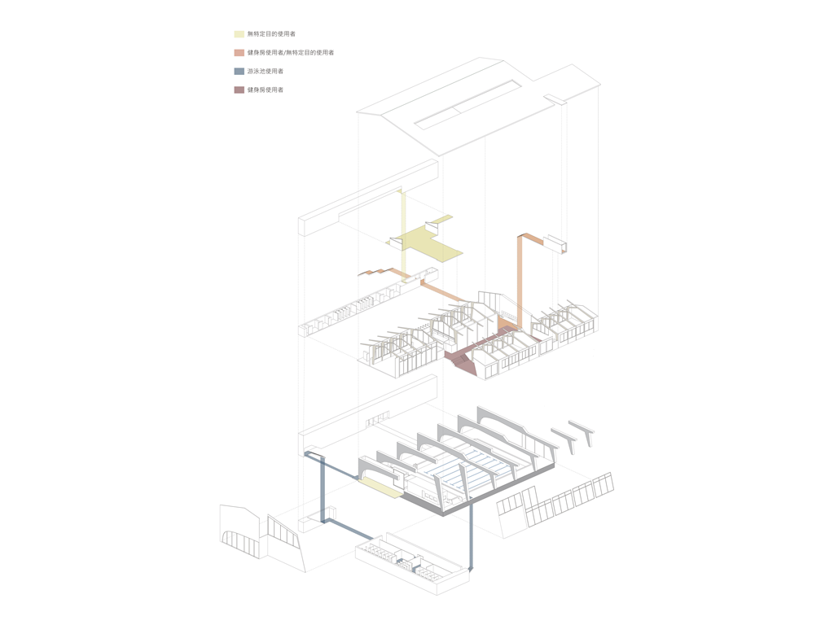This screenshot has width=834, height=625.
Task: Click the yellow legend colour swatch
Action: point(239,34)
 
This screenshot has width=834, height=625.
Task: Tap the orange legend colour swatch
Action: point(239,53)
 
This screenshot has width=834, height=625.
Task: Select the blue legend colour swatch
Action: point(239,72)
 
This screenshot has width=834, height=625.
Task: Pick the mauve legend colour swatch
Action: point(239,90)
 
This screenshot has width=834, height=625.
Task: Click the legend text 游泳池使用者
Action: point(266,72)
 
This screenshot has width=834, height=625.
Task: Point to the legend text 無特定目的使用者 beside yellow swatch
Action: point(271,34)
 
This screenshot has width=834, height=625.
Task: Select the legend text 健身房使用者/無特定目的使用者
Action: point(291,53)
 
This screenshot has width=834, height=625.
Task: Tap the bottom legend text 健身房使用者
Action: point(266,90)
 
